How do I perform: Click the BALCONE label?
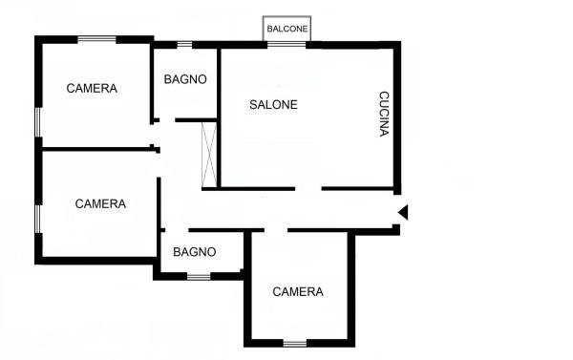pyautogui.click(x=287, y=29)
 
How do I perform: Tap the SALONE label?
pyautogui.click(x=273, y=104)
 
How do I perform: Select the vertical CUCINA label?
pyautogui.click(x=384, y=114)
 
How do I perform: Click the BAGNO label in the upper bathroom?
pyautogui.click(x=185, y=79)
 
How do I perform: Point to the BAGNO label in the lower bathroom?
pyautogui.click(x=195, y=252)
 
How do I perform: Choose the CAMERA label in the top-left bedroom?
pyautogui.click(x=92, y=88)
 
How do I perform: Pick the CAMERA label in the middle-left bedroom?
pyautogui.click(x=100, y=203)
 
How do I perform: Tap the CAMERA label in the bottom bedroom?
pyautogui.click(x=298, y=291)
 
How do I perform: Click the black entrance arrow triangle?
pyautogui.click(x=403, y=212)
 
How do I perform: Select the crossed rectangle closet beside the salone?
pyautogui.click(x=209, y=155)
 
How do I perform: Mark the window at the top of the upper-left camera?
pyautogui.click(x=96, y=39)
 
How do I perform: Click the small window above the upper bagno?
pyautogui.click(x=184, y=45)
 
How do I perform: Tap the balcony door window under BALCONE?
pyautogui.click(x=286, y=45)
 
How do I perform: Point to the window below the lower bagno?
pyautogui.click(x=199, y=277)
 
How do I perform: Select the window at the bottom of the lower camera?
pyautogui.click(x=295, y=344)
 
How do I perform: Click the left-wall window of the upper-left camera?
pyautogui.click(x=38, y=122)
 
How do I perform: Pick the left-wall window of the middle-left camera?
pyautogui.click(x=38, y=219)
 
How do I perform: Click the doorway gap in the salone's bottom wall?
pyautogui.click(x=308, y=189)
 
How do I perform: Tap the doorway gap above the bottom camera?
pyautogui.click(x=276, y=230)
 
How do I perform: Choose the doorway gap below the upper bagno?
pyautogui.click(x=167, y=120)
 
